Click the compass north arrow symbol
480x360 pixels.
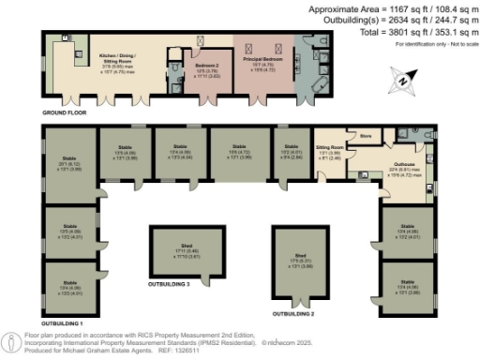point(402,82)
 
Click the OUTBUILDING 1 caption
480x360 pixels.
point(62,322)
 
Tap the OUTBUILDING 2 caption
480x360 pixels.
point(293,313)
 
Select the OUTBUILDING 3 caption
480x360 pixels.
point(169,283)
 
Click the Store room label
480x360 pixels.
point(366,137)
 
